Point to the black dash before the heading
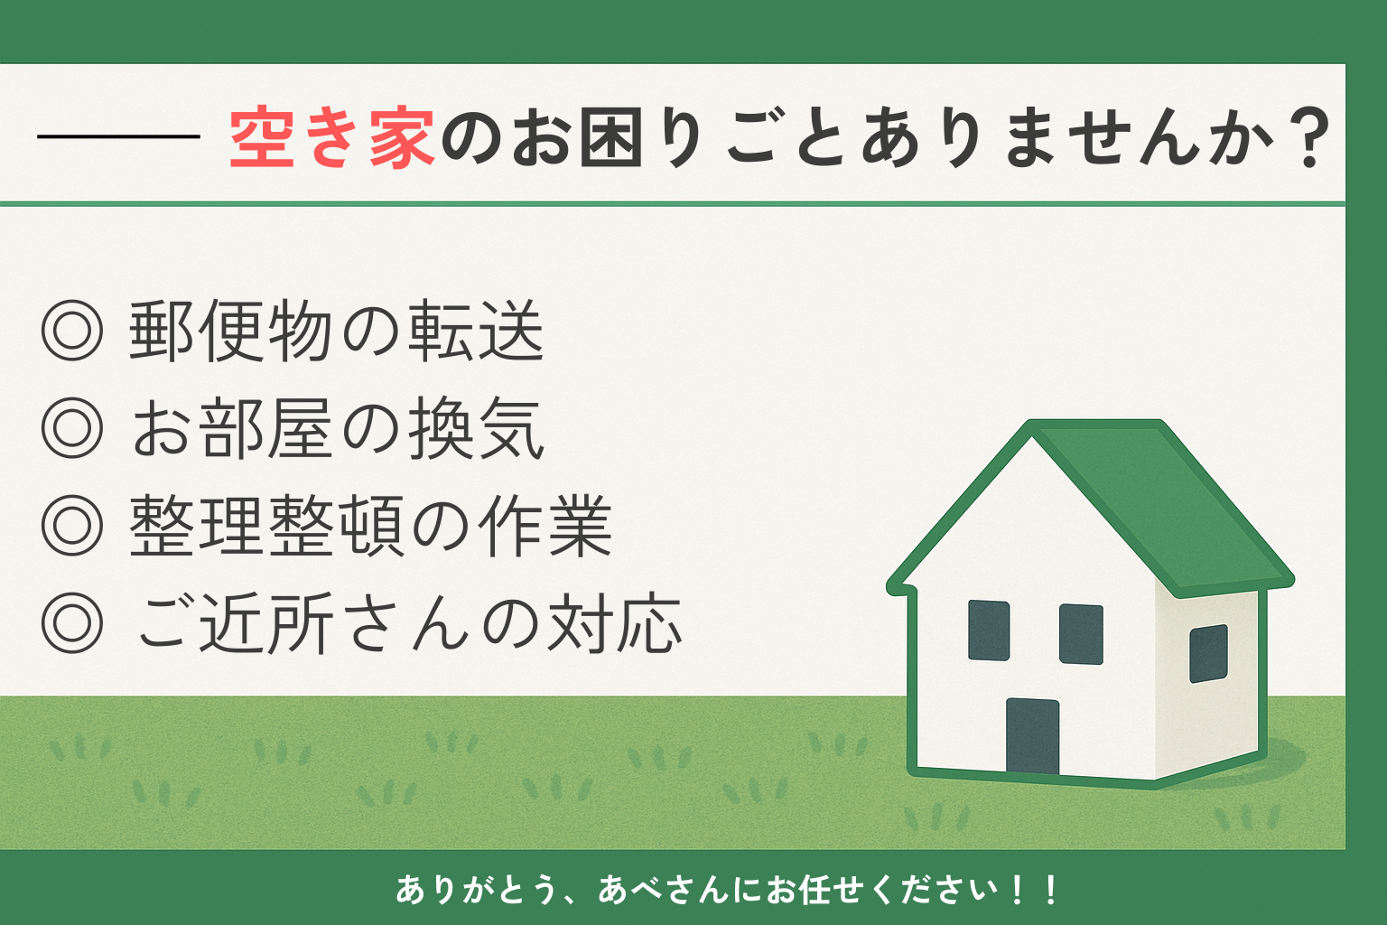[118, 135]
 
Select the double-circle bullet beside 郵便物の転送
[72, 331]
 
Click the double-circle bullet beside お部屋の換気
[72, 427]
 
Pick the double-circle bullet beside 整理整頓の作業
[72, 525]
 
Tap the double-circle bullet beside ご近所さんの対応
[72, 622]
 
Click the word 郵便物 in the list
[230, 331]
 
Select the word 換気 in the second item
[476, 428]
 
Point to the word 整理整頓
[267, 526]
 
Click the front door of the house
[1032, 736]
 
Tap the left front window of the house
[989, 631]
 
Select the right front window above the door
[1081, 634]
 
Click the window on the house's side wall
[1209, 653]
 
